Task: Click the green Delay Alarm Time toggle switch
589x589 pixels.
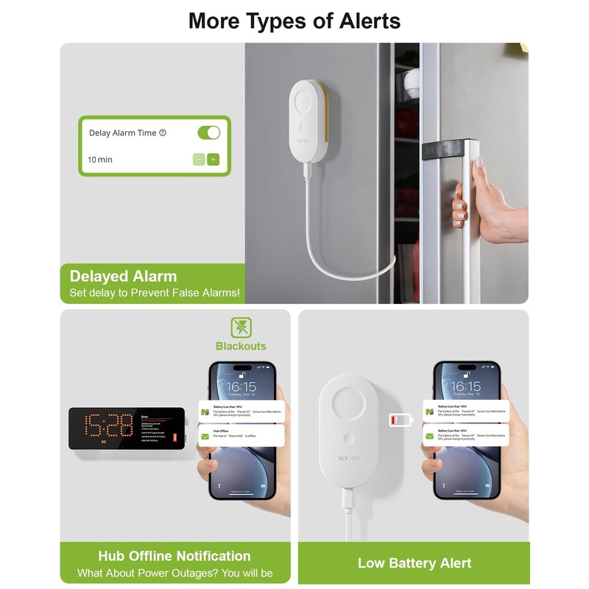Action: pyautogui.click(x=209, y=133)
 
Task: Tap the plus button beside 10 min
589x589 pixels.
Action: pyautogui.click(x=214, y=159)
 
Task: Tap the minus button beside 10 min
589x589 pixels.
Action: pyautogui.click(x=199, y=159)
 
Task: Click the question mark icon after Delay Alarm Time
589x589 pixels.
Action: pyautogui.click(x=163, y=133)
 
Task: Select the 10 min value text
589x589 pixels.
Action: pyautogui.click(x=100, y=160)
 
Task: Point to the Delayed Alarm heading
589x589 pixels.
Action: pyautogui.click(x=123, y=277)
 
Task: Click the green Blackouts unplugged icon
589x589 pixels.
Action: pyautogui.click(x=241, y=328)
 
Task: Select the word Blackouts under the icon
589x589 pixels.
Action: pyautogui.click(x=241, y=346)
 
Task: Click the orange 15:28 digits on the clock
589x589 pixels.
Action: pyautogui.click(x=102, y=426)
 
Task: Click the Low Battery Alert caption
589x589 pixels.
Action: pyautogui.click(x=414, y=563)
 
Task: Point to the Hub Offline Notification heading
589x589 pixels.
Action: pyautogui.click(x=174, y=556)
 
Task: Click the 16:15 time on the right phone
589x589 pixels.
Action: pyautogui.click(x=465, y=387)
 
